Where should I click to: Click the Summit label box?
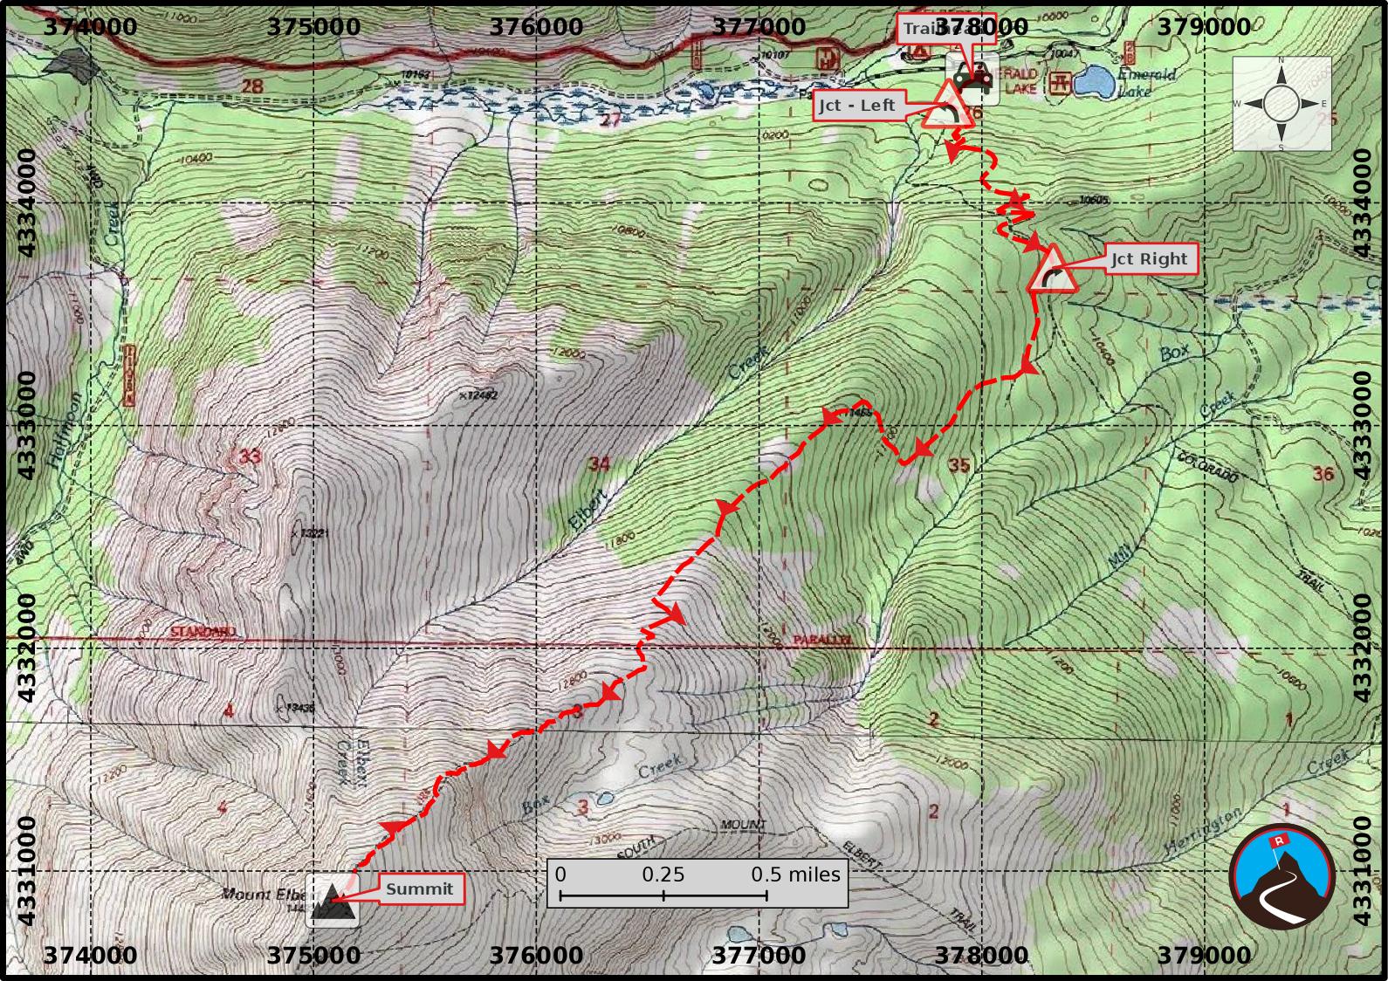(x=420, y=889)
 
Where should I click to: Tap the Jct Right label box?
(x=1150, y=259)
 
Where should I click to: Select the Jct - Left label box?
(x=856, y=106)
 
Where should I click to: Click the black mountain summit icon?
(x=333, y=904)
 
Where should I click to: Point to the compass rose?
(x=1281, y=104)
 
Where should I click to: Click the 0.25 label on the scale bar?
(x=663, y=875)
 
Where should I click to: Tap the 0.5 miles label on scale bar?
(x=795, y=875)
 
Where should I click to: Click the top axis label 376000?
(x=536, y=26)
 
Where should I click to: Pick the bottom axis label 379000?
(x=1204, y=956)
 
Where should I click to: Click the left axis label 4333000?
(x=26, y=425)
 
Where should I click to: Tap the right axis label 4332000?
(x=1362, y=647)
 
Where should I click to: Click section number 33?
(x=250, y=456)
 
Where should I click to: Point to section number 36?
(x=1323, y=474)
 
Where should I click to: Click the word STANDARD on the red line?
(x=203, y=631)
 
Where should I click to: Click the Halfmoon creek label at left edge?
(x=64, y=432)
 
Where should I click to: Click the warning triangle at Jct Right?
(x=1052, y=271)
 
